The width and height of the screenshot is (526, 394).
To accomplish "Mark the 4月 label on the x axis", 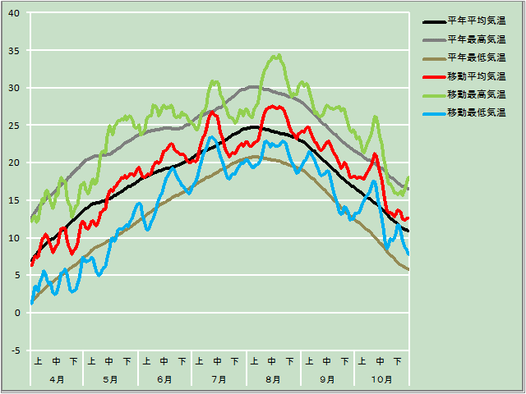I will [57, 379].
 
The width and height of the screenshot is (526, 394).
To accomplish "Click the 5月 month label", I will [110, 379].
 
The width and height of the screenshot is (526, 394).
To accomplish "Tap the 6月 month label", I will [164, 379].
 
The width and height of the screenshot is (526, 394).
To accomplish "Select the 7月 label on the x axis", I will [219, 379].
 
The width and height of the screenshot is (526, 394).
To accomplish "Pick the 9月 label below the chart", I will [327, 379].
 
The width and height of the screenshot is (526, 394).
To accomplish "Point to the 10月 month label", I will [381, 379].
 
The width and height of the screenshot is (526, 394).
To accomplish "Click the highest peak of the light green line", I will [279, 55].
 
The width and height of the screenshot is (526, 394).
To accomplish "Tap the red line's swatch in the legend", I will [433, 76].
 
